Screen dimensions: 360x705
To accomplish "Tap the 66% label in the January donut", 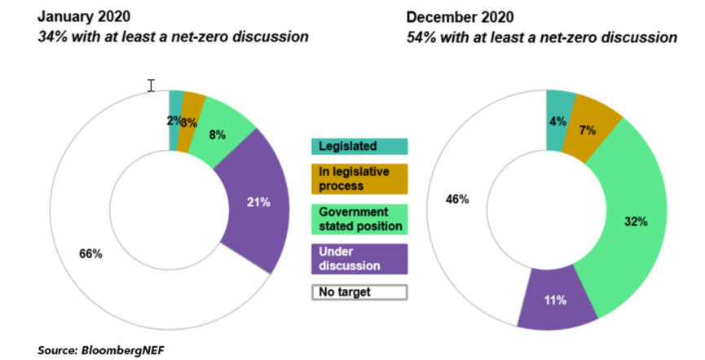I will coord(90,254).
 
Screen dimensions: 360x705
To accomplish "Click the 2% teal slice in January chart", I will coord(172,121).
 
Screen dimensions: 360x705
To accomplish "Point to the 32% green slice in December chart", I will coord(637,221).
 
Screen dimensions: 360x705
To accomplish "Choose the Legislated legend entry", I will coord(359,147).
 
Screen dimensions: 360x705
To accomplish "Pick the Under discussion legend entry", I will coord(359,258).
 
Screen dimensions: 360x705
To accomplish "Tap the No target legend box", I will coord(359,292).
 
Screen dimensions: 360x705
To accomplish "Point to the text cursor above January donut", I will coord(151,86).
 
